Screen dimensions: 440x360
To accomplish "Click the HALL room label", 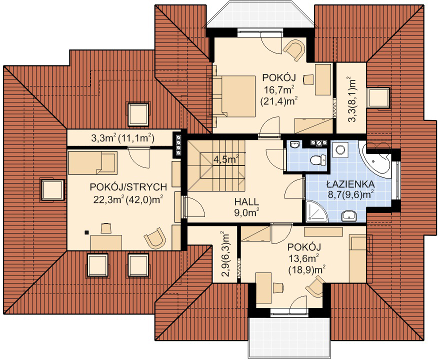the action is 246,201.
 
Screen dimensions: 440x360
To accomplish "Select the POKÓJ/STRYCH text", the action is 128,187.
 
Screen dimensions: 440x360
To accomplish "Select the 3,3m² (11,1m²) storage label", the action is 122,138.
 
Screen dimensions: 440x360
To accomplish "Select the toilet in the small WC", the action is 318,160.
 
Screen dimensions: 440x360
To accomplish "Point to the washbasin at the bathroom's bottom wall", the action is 349,216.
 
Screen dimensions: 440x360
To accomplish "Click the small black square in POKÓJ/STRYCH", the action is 87,232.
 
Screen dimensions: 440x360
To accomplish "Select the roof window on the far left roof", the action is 52,189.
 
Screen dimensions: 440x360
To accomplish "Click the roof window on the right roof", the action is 378,97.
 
